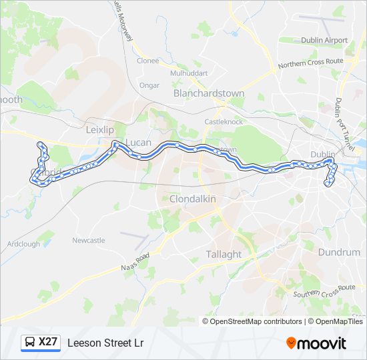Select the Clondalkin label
194,199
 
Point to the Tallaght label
224,254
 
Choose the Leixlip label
101,129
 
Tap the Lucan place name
139,143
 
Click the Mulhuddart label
190,73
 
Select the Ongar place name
149,85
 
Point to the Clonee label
147,61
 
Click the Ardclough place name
24,244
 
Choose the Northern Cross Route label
310,62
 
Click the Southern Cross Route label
325,291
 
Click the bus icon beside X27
30,342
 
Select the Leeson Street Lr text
105,343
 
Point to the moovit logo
316,343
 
